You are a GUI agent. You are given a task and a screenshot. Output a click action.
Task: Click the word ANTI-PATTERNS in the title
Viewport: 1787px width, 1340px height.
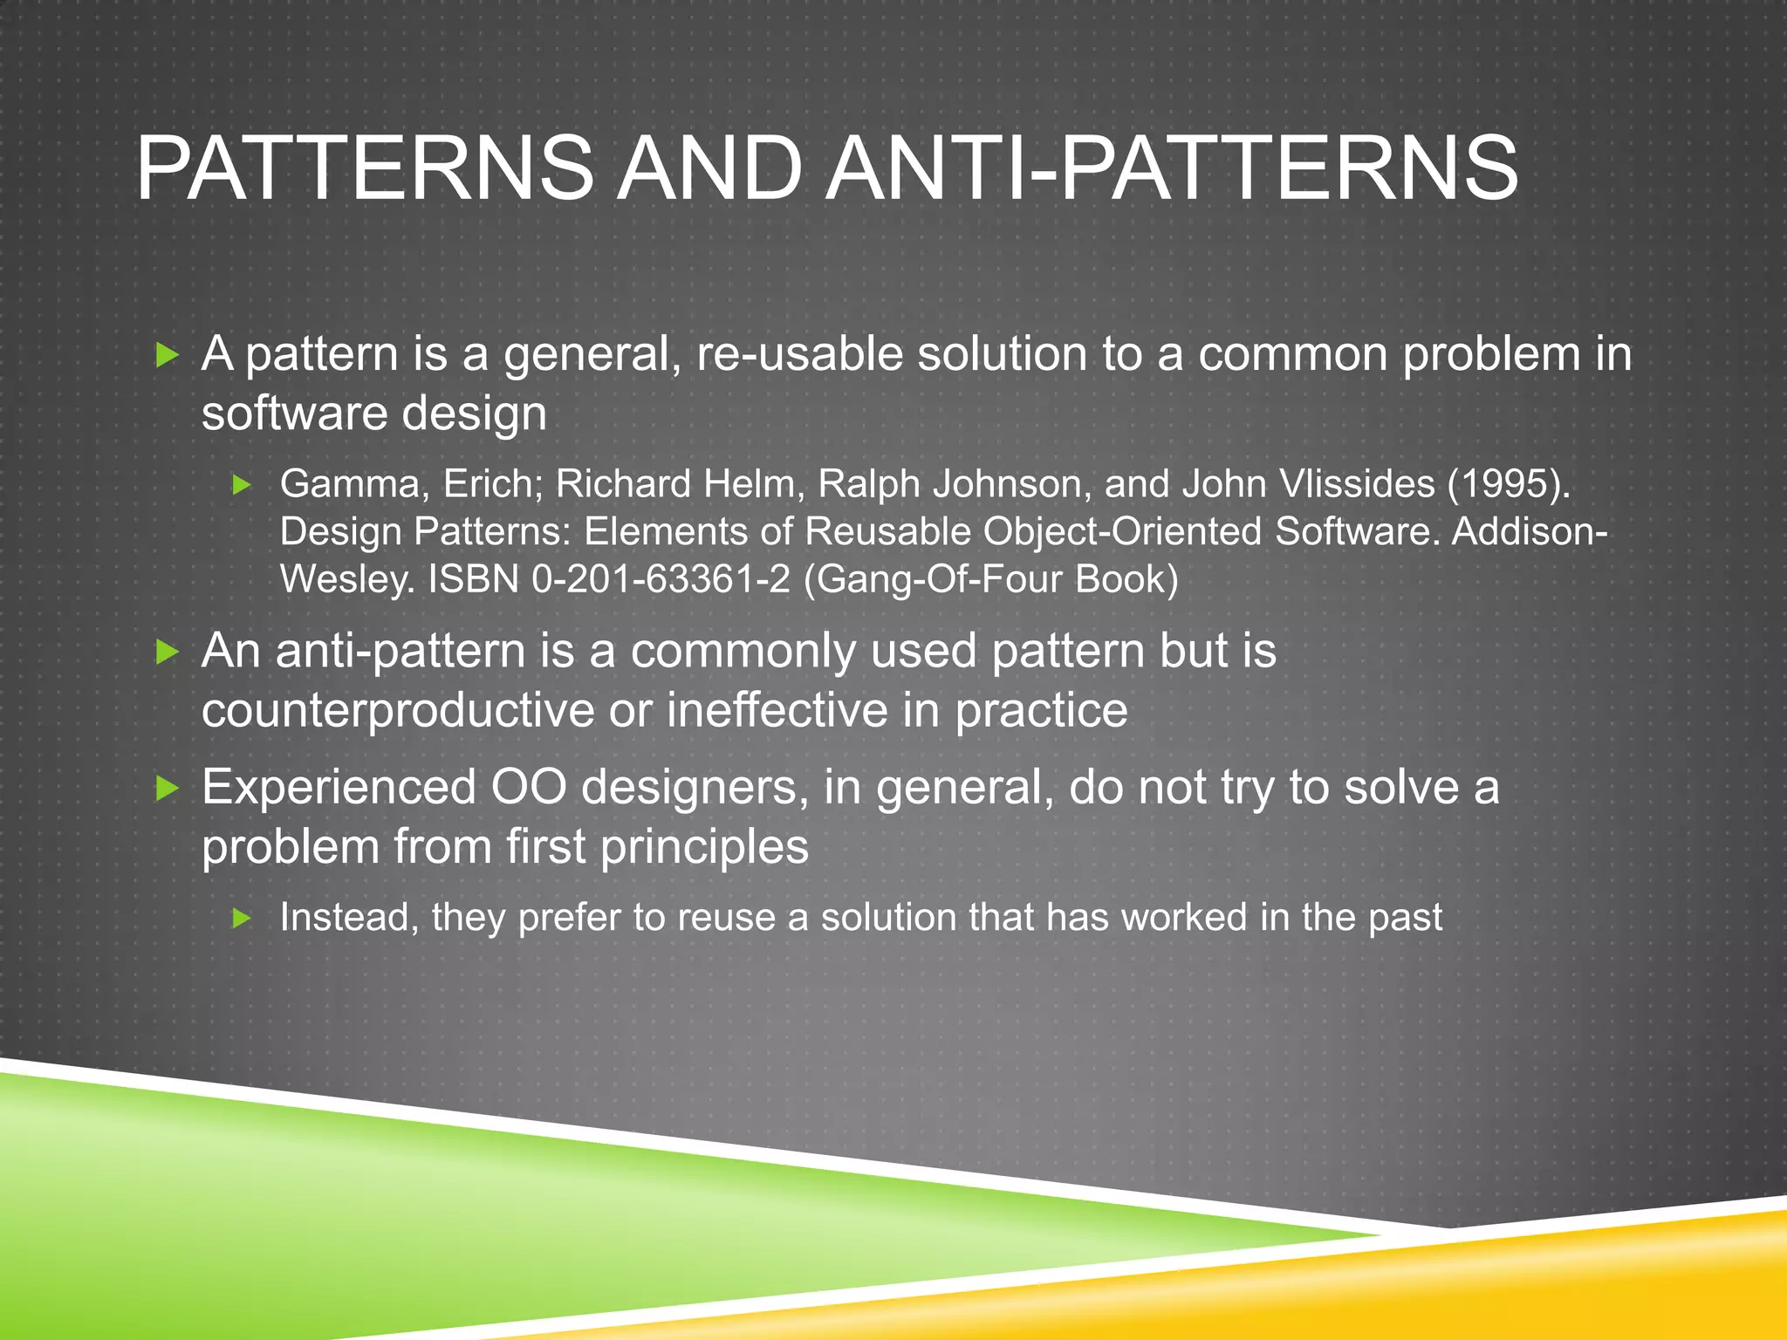coord(1172,167)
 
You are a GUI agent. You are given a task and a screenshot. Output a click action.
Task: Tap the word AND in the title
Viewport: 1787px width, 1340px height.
coord(709,167)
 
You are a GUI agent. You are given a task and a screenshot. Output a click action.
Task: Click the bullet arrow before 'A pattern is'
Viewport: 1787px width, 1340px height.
coord(167,355)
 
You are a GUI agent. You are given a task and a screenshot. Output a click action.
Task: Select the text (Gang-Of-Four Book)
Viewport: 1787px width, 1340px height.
coord(991,579)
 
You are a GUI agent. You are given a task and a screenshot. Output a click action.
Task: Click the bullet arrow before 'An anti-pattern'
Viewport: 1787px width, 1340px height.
coord(167,652)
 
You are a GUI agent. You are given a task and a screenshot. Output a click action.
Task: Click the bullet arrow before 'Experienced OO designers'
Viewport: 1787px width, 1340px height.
coord(167,789)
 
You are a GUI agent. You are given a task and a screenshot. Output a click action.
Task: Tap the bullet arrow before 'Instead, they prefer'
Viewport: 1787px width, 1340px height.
coord(243,918)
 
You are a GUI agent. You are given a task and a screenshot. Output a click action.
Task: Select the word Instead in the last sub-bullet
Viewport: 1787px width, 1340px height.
coord(344,918)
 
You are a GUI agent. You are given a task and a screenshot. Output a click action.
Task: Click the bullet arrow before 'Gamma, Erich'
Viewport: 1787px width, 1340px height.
coord(243,485)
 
